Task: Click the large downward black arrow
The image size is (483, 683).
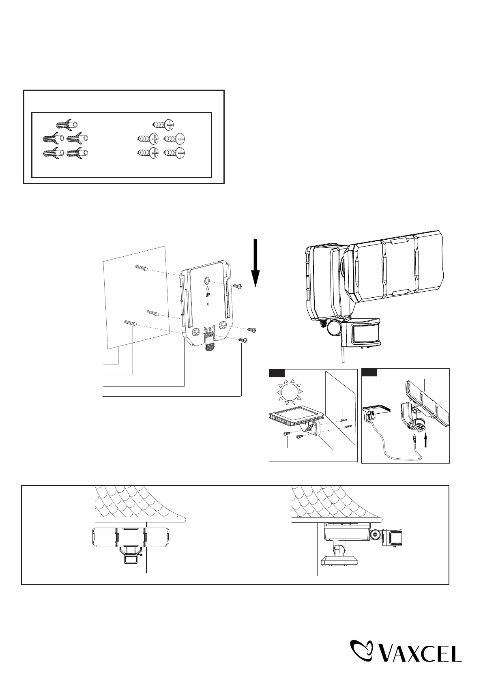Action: [255, 264]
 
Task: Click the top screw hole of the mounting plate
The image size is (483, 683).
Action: [207, 281]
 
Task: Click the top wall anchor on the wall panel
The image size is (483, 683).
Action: [141, 267]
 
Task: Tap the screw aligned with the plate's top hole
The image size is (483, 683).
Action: [238, 286]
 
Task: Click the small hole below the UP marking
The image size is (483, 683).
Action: [208, 304]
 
